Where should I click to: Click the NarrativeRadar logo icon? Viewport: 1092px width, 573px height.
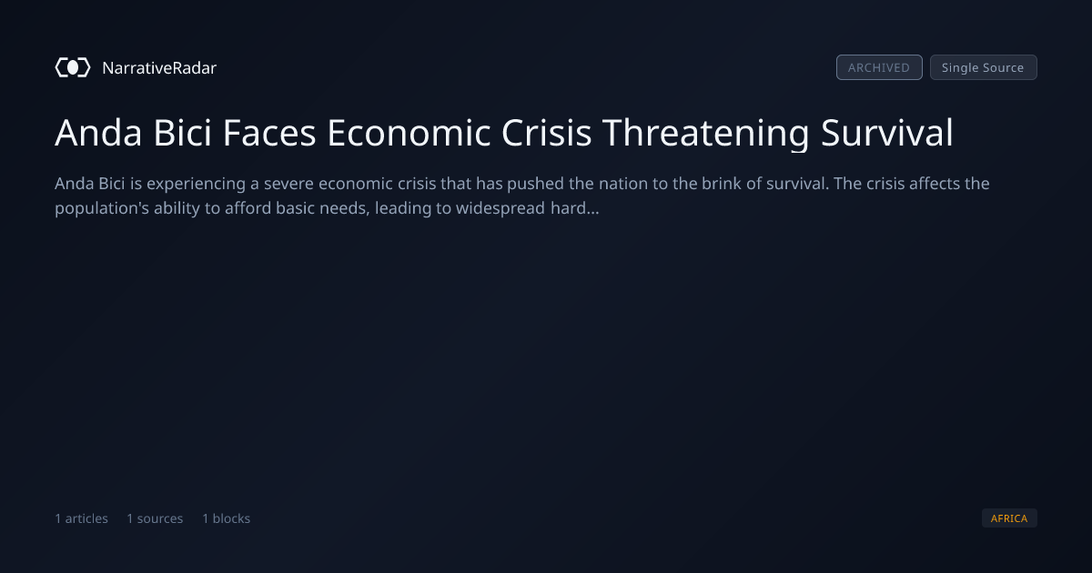coord(73,67)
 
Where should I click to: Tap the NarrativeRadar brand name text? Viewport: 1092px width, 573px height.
coord(159,67)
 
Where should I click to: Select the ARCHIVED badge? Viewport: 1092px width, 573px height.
coord(879,67)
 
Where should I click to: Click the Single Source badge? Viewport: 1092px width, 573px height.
coord(984,67)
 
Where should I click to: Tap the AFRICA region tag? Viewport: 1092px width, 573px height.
coord(1009,518)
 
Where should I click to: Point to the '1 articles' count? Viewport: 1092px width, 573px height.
coord(81,518)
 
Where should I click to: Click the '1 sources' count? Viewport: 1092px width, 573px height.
coord(155,518)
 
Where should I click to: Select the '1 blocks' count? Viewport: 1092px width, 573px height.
coord(227,518)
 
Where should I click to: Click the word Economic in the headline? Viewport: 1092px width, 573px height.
coord(409,133)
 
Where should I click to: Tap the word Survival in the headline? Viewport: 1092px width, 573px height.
coord(886,133)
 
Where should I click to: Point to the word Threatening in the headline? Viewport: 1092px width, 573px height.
coord(705,134)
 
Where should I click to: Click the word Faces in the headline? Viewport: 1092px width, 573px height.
coord(269,133)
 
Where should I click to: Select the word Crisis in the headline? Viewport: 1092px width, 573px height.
coord(546,133)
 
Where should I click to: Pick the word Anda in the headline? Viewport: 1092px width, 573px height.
coord(98,133)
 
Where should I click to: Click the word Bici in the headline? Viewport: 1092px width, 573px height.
coord(182,133)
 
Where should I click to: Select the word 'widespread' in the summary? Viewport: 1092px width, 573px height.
coord(500,208)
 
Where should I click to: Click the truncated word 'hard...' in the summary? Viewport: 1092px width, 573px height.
coord(575,208)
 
